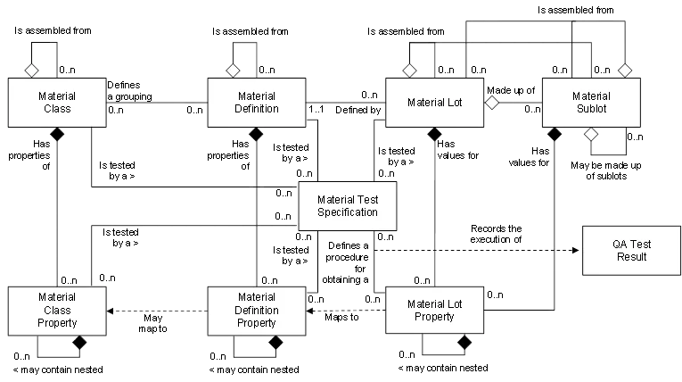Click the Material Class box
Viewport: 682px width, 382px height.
click(57, 102)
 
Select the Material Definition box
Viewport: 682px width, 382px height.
click(257, 102)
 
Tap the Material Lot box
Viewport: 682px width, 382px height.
click(435, 103)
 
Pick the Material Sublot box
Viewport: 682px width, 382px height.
click(591, 103)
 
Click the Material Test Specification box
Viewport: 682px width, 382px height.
click(347, 206)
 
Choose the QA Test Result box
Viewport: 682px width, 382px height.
click(630, 250)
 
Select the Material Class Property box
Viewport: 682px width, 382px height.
click(57, 311)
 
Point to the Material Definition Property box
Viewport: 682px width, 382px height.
click(257, 311)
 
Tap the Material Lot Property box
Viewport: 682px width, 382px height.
click(435, 311)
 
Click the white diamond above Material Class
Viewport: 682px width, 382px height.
click(31, 70)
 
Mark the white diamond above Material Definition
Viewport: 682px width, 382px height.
click(233, 70)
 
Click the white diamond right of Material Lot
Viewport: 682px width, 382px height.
click(491, 103)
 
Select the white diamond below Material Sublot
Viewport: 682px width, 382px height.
click(590, 134)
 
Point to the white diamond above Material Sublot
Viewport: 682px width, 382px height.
click(624, 70)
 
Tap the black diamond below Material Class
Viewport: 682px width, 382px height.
click(57, 135)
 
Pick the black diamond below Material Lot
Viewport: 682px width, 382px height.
click(435, 135)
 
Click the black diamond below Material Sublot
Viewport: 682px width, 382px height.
click(555, 135)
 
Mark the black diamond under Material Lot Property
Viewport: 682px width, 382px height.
click(464, 342)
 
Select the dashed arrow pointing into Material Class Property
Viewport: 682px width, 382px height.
click(112, 311)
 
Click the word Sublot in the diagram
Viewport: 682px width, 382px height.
click(591, 109)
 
